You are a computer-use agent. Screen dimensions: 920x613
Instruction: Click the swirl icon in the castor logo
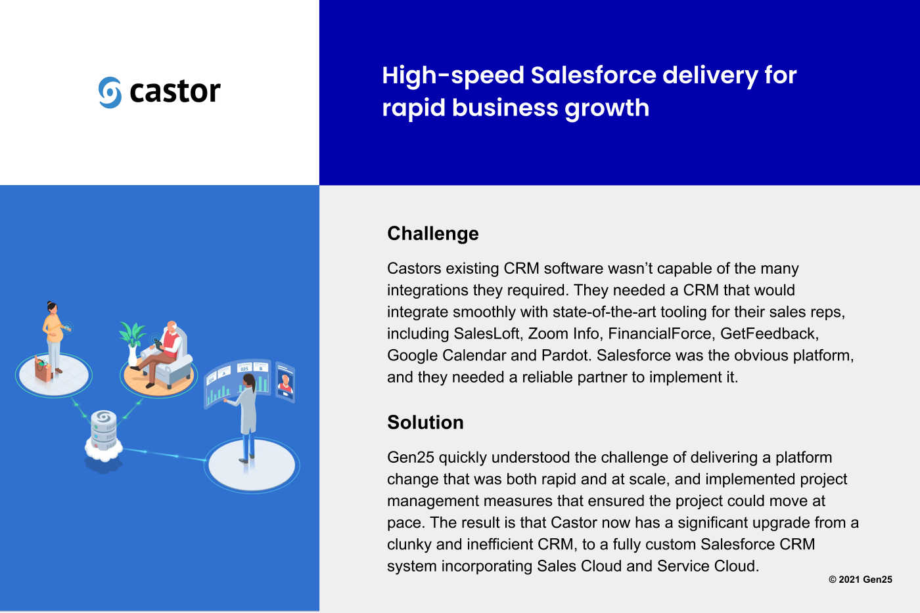click(110, 93)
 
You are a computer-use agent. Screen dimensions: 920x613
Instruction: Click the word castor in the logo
click(175, 91)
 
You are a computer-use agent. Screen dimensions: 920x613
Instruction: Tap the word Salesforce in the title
click(593, 75)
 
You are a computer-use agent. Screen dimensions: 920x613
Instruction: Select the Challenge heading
click(433, 234)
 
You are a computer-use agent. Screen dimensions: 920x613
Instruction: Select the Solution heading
click(426, 422)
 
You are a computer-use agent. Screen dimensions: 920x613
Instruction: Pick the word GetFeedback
click(770, 333)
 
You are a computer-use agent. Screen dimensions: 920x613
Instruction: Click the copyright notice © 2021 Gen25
click(860, 580)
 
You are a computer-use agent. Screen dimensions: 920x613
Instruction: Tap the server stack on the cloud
click(104, 430)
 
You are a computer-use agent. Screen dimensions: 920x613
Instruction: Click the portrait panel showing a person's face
click(285, 382)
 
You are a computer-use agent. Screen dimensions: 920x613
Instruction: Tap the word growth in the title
click(607, 108)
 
